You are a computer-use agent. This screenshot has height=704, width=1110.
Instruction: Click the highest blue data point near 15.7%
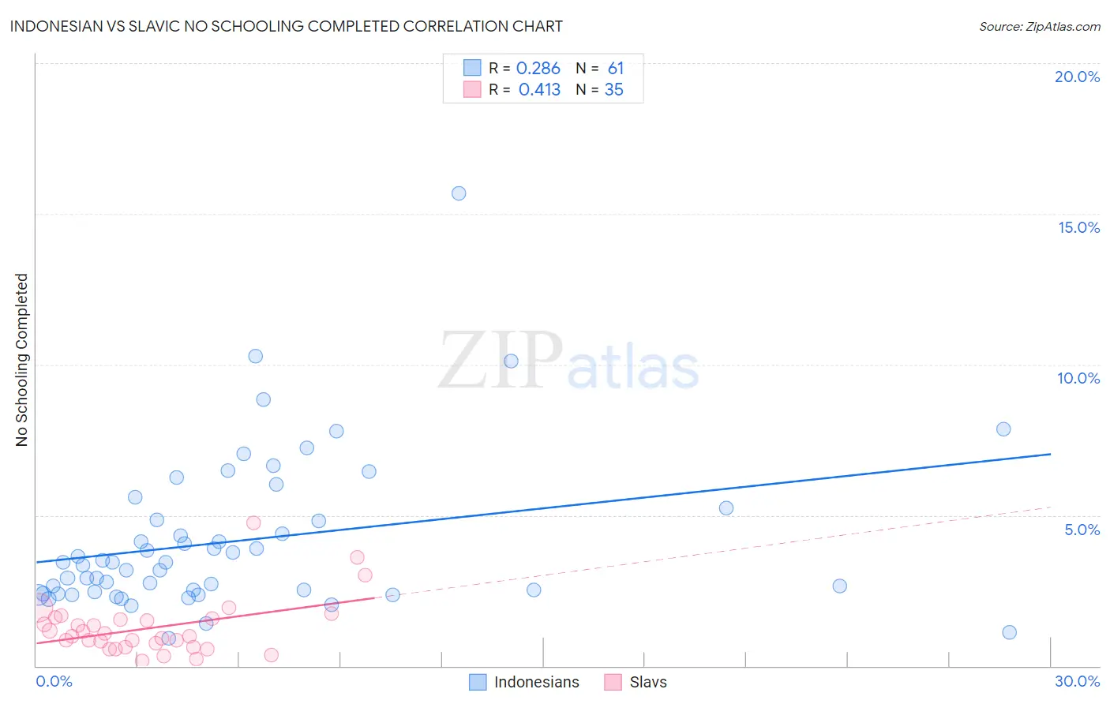pyautogui.click(x=459, y=193)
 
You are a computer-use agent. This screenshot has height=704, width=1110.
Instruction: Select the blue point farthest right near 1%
pyautogui.click(x=1009, y=632)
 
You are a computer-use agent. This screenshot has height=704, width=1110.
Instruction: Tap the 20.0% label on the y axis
pyautogui.click(x=1077, y=77)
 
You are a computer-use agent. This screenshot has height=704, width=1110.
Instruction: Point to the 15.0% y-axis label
pyautogui.click(x=1078, y=227)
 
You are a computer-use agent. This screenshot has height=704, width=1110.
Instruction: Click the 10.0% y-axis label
pyautogui.click(x=1078, y=378)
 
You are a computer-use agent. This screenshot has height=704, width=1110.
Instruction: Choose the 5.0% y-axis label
pyautogui.click(x=1082, y=530)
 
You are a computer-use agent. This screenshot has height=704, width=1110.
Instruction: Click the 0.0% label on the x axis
pyautogui.click(x=54, y=681)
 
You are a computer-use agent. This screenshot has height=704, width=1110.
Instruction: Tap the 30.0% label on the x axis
pyautogui.click(x=1077, y=681)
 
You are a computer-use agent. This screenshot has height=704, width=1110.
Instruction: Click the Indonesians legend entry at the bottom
pyautogui.click(x=536, y=682)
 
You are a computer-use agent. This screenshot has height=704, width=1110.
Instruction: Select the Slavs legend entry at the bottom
pyautogui.click(x=647, y=682)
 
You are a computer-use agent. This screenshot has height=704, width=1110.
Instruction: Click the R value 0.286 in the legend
pyautogui.click(x=538, y=69)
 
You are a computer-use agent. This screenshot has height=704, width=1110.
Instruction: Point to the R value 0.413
pyautogui.click(x=539, y=90)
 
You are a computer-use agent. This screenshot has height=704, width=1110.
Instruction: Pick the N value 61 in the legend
pyautogui.click(x=616, y=69)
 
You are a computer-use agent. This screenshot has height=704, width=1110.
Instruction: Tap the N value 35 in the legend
pyautogui.click(x=613, y=90)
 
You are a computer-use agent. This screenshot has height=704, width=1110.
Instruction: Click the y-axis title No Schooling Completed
pyautogui.click(x=22, y=360)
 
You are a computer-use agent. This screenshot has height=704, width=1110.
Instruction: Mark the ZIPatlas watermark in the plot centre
pyautogui.click(x=568, y=361)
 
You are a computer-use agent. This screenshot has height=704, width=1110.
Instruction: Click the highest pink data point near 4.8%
pyautogui.click(x=253, y=522)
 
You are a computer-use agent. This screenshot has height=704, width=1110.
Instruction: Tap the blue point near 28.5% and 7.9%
pyautogui.click(x=1003, y=429)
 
